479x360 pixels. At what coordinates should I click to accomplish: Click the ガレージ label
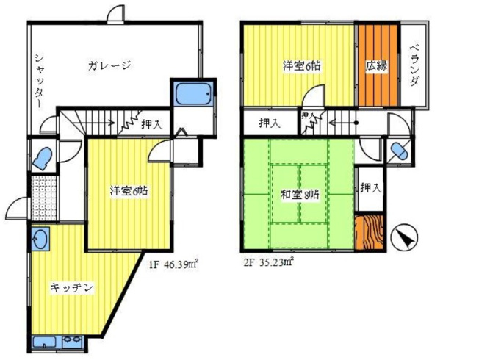click(109, 65)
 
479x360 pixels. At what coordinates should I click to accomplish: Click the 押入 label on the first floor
click(152, 126)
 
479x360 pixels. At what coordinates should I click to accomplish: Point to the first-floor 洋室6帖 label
click(129, 191)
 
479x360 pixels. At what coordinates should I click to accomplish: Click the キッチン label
click(71, 288)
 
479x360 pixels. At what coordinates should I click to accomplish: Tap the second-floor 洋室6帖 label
click(301, 65)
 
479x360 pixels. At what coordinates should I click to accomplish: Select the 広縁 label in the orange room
click(378, 65)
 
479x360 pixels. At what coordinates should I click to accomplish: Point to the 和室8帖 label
click(299, 195)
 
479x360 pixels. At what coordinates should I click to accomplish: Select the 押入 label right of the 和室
click(371, 188)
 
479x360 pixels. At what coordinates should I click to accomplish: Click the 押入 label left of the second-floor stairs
click(269, 123)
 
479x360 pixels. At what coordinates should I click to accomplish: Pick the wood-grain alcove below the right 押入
click(369, 232)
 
